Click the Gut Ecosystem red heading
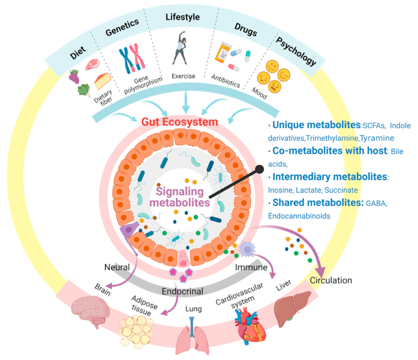coord(180,122)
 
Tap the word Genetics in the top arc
coord(122,27)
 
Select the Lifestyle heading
coord(183,17)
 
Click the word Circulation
coord(331,280)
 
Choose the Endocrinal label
coord(183,291)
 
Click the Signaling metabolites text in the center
coord(180,197)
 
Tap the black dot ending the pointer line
coord(260,169)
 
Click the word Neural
coord(117,267)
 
